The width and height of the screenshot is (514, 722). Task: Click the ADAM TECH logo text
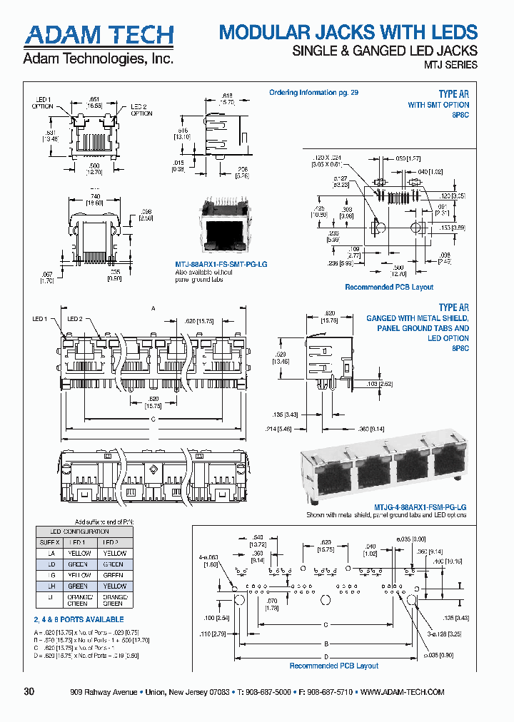[99, 35]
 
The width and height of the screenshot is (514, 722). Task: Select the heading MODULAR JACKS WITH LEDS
[348, 32]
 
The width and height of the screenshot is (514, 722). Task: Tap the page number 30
[29, 691]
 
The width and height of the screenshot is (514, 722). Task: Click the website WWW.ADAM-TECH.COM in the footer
[403, 692]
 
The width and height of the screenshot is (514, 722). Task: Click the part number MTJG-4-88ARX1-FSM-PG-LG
[386, 507]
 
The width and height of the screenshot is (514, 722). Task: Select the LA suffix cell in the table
[50, 553]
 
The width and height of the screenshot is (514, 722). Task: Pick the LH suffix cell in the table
[50, 586]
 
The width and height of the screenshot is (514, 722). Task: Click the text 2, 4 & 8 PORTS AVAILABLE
[79, 619]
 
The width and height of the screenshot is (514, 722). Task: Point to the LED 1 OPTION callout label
[42, 102]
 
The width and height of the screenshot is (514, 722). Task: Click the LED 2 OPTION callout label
[141, 109]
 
